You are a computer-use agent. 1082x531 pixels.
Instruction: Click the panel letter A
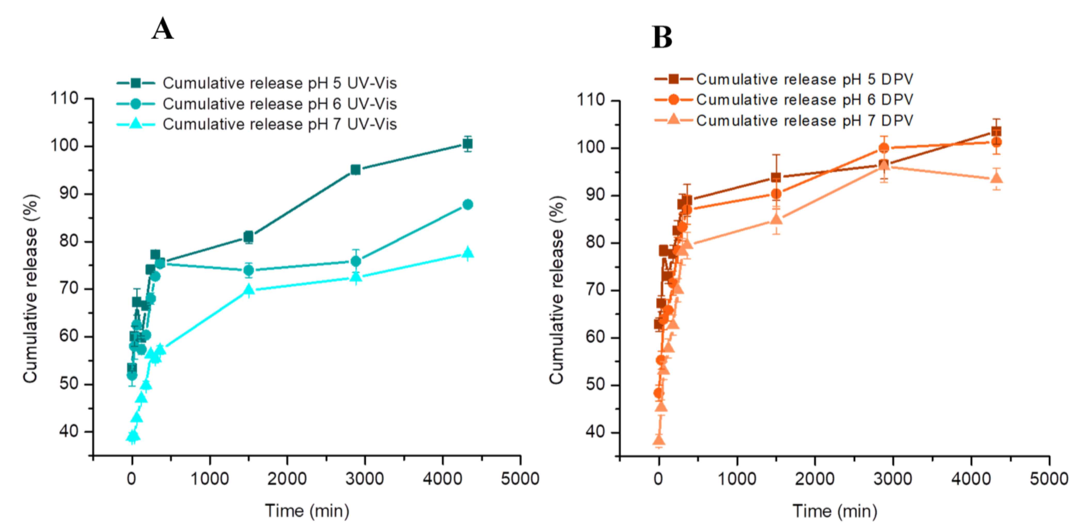pos(162,29)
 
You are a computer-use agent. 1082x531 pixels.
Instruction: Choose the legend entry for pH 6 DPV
pos(804,100)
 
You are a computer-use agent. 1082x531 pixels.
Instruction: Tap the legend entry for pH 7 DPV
pos(804,121)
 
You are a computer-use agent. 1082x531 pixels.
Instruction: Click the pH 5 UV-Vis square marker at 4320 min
pos(467,144)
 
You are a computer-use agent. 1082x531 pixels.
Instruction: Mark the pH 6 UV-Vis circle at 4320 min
pos(467,205)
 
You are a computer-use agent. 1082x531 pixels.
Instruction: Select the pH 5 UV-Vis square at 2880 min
pos(355,170)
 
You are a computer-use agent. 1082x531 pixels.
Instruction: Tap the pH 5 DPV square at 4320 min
pos(996,132)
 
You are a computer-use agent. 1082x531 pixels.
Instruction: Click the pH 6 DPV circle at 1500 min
pos(776,194)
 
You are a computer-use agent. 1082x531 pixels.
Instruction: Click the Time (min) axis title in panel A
pos(307,511)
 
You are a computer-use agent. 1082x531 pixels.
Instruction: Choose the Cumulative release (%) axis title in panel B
pos(557,290)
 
